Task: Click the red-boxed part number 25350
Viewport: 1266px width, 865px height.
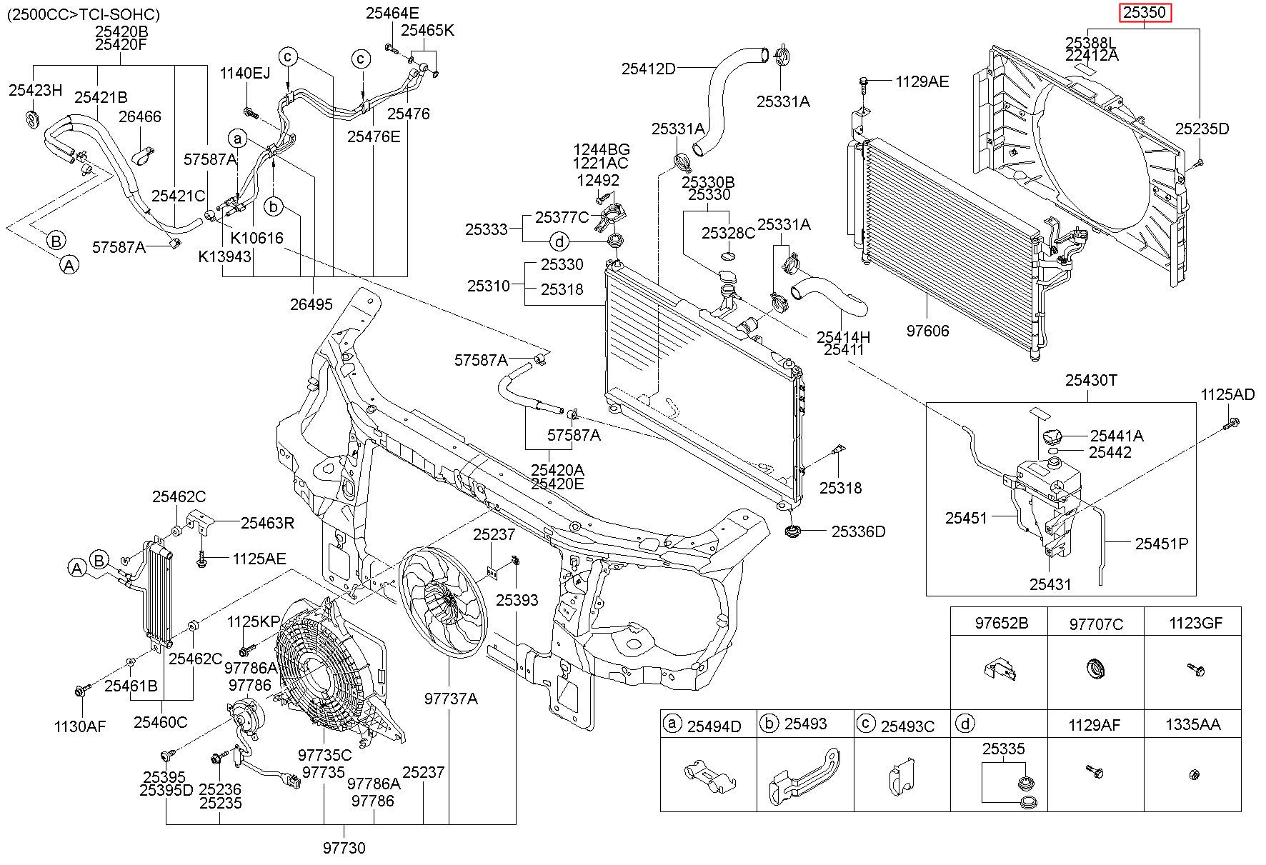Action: pyautogui.click(x=1145, y=13)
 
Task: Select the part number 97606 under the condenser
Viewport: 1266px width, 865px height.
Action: pyautogui.click(x=928, y=331)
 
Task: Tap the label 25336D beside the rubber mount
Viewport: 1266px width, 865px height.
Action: pyautogui.click(x=858, y=531)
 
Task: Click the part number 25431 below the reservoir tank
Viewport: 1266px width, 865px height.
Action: pyautogui.click(x=1050, y=584)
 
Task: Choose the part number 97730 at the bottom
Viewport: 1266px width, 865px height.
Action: pyautogui.click(x=344, y=848)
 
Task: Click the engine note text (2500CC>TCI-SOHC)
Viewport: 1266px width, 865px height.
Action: pyautogui.click(x=84, y=14)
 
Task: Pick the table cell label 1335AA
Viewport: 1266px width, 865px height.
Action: pyautogui.click(x=1192, y=725)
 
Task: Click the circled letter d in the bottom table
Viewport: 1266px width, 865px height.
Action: pyautogui.click(x=965, y=724)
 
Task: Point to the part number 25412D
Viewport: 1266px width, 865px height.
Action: pyautogui.click(x=648, y=69)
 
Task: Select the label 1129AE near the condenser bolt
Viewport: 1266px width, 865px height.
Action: pyautogui.click(x=922, y=82)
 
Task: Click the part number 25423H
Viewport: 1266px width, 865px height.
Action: pyautogui.click(x=36, y=89)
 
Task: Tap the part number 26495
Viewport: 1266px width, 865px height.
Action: pyautogui.click(x=311, y=304)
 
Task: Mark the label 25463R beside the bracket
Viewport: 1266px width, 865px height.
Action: pyautogui.click(x=267, y=523)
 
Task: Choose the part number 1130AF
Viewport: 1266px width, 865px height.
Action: pyautogui.click(x=79, y=727)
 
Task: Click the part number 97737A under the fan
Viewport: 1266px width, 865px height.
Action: pyautogui.click(x=450, y=699)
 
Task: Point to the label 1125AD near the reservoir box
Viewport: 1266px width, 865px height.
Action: pyautogui.click(x=1227, y=394)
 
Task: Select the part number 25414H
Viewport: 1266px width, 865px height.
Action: pyautogui.click(x=844, y=337)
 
